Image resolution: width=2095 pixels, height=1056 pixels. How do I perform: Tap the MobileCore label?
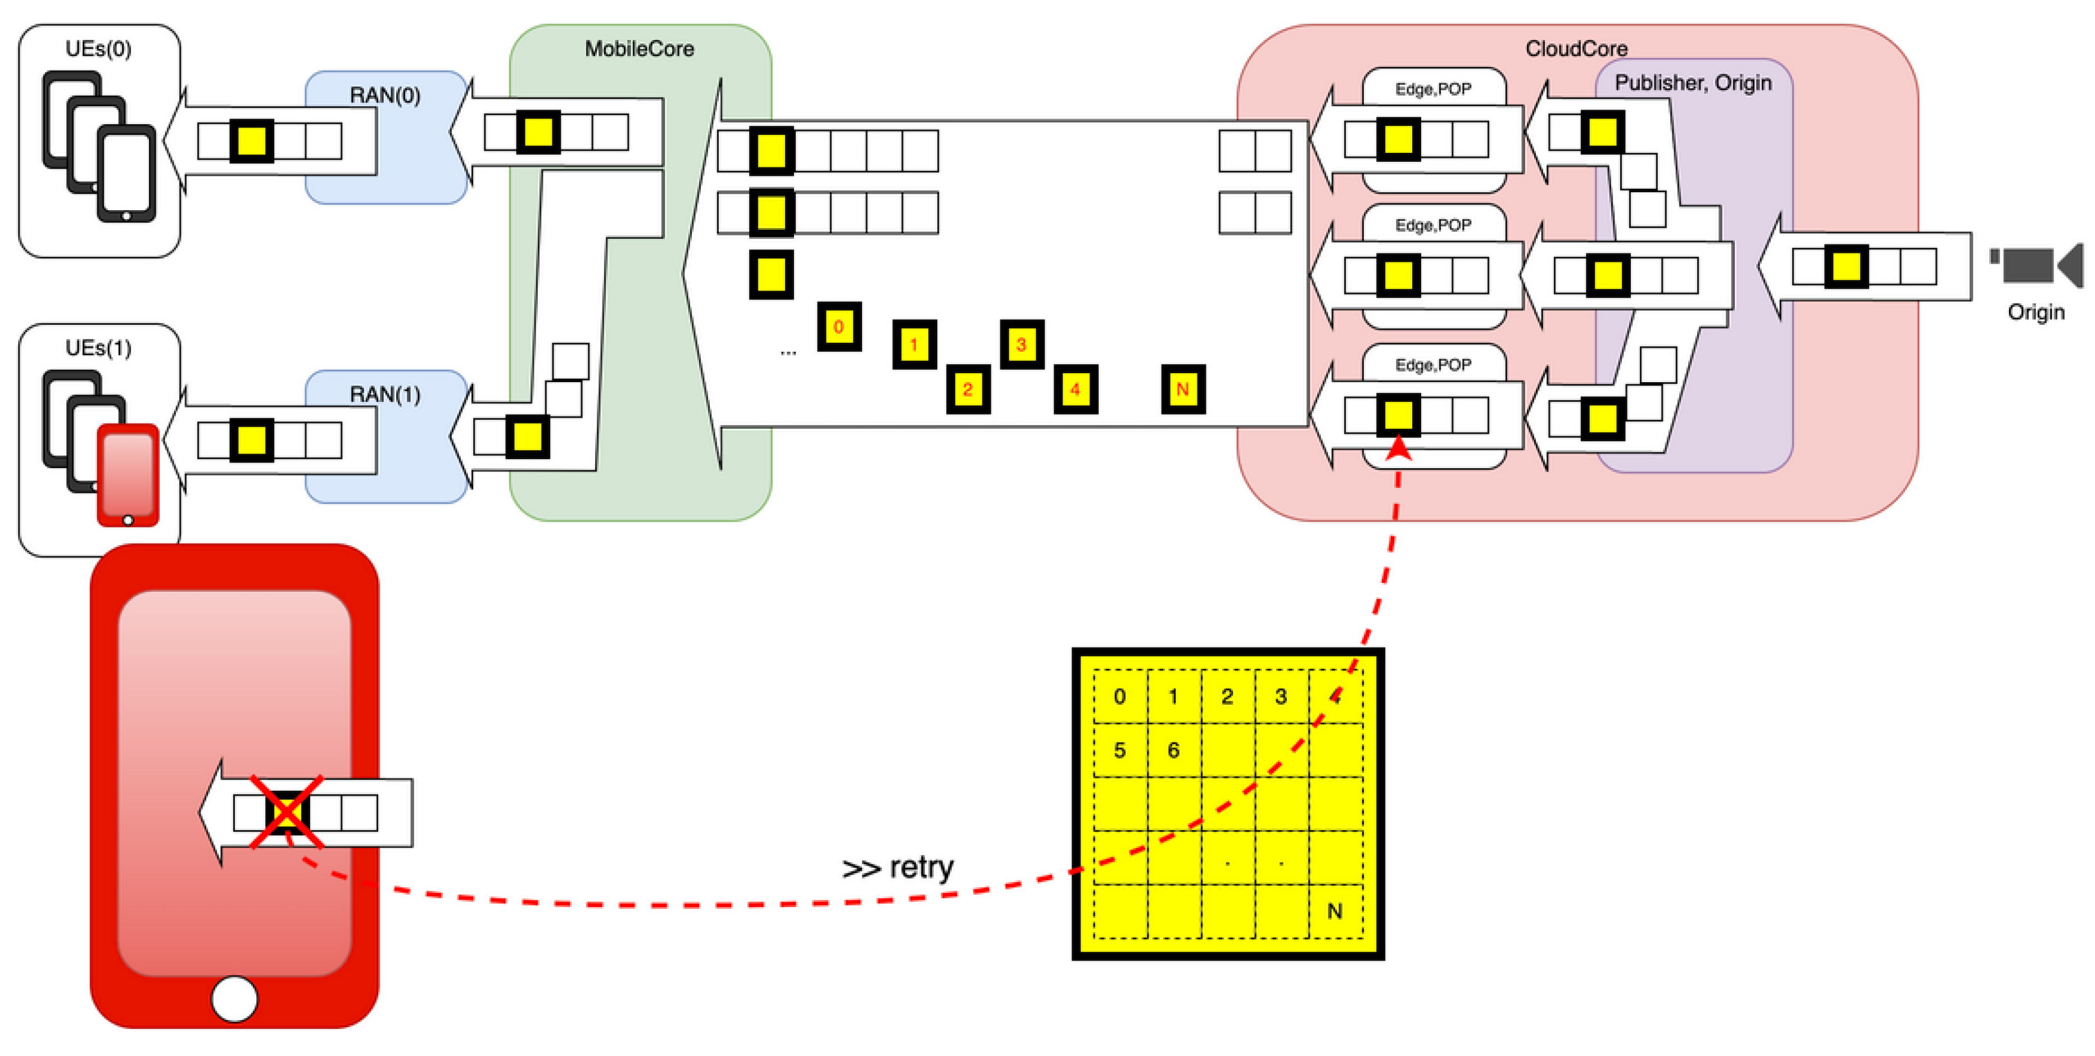click(640, 49)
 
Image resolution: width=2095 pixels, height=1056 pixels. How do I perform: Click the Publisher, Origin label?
click(1693, 83)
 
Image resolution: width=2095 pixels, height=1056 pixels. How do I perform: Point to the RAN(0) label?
click(385, 95)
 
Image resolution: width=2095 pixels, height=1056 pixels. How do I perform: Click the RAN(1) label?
click(385, 395)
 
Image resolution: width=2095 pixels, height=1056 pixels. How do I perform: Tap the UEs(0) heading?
click(98, 49)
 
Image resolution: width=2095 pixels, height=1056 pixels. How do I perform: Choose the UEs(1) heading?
click(98, 348)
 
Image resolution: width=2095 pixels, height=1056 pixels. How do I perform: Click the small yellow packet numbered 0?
click(838, 327)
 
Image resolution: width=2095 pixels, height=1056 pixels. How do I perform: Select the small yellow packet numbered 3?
click(1022, 344)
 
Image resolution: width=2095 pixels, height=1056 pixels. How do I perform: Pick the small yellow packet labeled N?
click(1182, 389)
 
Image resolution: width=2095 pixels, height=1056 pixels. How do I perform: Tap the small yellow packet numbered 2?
click(968, 389)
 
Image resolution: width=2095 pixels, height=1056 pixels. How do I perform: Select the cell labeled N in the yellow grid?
click(1335, 911)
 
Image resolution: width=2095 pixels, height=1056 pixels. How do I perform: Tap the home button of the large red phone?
click(234, 998)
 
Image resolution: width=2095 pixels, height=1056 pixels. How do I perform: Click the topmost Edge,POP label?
click(1433, 89)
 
